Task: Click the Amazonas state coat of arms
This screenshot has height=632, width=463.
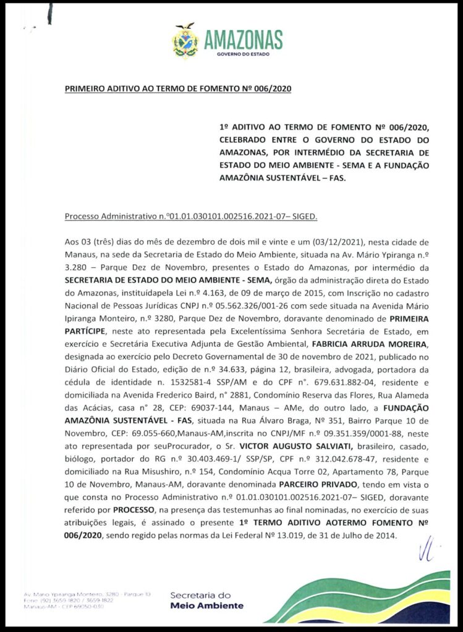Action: pyautogui.click(x=184, y=41)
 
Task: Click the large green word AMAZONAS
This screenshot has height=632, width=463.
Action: pyautogui.click(x=243, y=40)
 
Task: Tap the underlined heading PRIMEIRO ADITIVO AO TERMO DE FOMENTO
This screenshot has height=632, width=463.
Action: pyautogui.click(x=178, y=89)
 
